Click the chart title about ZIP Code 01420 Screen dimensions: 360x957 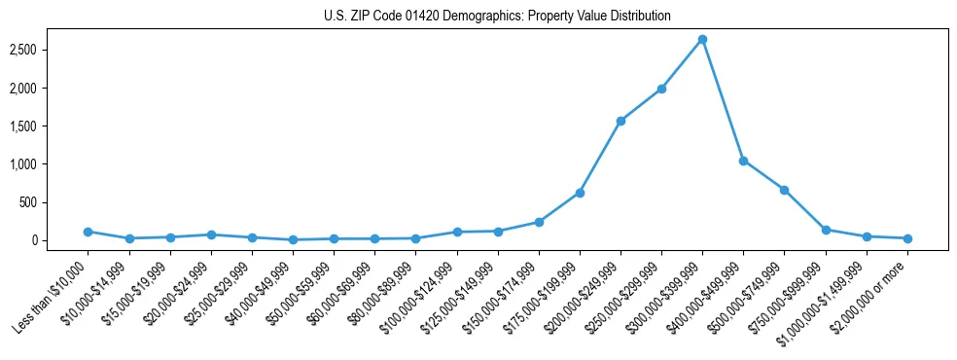pyautogui.click(x=497, y=17)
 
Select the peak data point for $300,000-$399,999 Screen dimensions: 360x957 pyautogui.click(x=702, y=40)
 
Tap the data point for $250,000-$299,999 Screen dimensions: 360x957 pyautogui.click(x=661, y=89)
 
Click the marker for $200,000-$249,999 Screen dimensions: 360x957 pyautogui.click(x=620, y=121)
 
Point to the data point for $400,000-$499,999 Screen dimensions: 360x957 pyautogui.click(x=743, y=161)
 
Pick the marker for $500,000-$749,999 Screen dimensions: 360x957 pyautogui.click(x=784, y=190)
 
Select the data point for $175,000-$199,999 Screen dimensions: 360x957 pyautogui.click(x=580, y=193)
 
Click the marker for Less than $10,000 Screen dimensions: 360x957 pyautogui.click(x=89, y=232)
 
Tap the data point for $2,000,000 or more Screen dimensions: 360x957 pyautogui.click(x=906, y=238)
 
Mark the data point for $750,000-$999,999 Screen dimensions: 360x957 pyautogui.click(x=826, y=230)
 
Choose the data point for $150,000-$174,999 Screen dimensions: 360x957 pyautogui.click(x=539, y=222)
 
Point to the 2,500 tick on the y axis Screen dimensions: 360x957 pyautogui.click(x=36, y=50)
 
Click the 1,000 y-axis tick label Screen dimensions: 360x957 pyautogui.click(x=36, y=164)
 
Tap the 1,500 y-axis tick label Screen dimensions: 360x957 pyautogui.click(x=36, y=126)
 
